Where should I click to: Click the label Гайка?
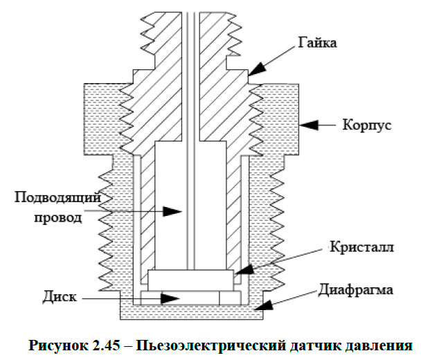click(318, 44)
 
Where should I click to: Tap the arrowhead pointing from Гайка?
click(256, 69)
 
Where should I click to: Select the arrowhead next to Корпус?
click(308, 125)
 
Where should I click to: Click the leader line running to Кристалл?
click(277, 263)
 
